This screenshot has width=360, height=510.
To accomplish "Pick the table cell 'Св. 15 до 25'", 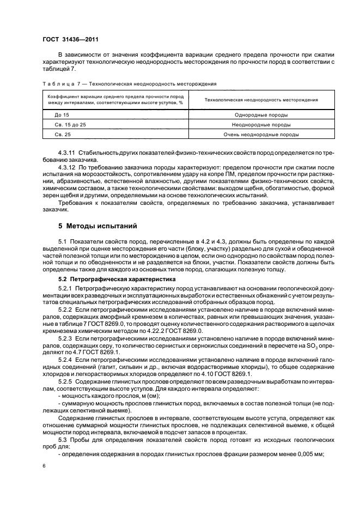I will pyautogui.click(x=70, y=124).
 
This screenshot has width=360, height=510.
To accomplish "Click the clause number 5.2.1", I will pyautogui.click(x=65, y=287).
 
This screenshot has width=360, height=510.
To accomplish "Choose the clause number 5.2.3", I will pyautogui.click(x=65, y=338).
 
